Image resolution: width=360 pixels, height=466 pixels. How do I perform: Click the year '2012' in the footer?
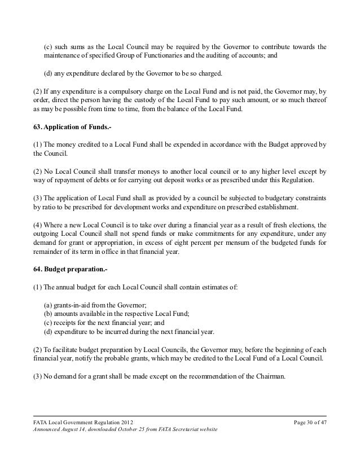click(x=126, y=423)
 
